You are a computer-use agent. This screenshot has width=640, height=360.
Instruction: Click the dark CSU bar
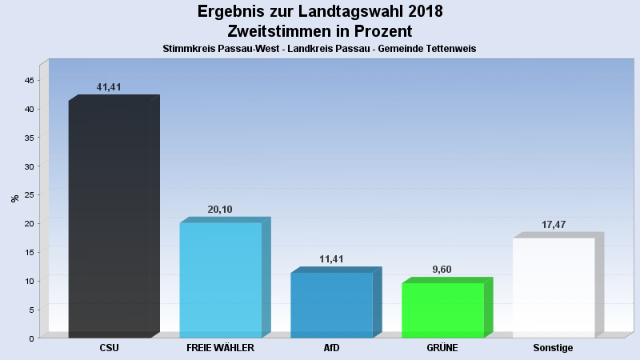pyautogui.click(x=110, y=218)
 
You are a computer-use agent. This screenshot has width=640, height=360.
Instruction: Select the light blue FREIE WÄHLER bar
pyautogui.click(x=221, y=280)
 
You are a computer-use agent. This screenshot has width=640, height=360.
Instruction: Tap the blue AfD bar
pyautogui.click(x=331, y=305)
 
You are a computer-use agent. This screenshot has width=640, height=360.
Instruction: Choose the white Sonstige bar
pyautogui.click(x=554, y=287)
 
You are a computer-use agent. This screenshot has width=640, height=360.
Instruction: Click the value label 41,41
pyautogui.click(x=109, y=86)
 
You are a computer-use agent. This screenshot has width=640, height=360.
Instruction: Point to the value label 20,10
pyautogui.click(x=220, y=210)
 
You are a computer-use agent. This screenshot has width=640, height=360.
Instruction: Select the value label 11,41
pyautogui.click(x=331, y=259)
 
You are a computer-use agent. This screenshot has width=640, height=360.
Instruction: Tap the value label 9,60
pyautogui.click(x=442, y=270)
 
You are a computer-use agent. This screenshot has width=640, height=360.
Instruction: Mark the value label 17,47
pyautogui.click(x=554, y=225)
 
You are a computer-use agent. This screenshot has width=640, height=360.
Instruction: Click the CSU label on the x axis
pyautogui.click(x=110, y=348)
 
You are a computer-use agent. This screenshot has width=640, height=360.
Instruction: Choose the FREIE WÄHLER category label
pyautogui.click(x=220, y=348)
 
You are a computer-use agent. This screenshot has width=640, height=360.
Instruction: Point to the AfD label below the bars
pyautogui.click(x=331, y=348)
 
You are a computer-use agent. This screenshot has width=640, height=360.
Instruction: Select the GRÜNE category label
pyautogui.click(x=442, y=348)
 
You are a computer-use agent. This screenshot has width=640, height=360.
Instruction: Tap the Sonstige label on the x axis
pyautogui.click(x=553, y=348)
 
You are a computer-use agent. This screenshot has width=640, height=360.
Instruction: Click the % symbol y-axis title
pyautogui.click(x=14, y=198)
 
